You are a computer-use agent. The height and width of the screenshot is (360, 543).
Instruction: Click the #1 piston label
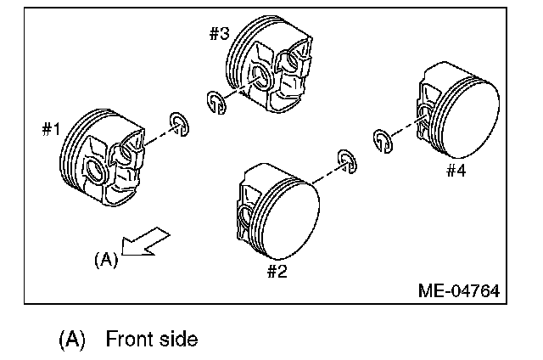[52, 129]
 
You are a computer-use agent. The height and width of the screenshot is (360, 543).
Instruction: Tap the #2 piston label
[277, 272]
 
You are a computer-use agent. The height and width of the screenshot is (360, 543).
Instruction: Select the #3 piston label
[219, 34]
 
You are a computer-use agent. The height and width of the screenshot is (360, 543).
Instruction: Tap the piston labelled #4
[458, 114]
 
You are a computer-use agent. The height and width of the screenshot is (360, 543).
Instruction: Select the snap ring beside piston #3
[216, 102]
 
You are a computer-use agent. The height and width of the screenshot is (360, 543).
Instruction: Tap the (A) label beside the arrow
[105, 260]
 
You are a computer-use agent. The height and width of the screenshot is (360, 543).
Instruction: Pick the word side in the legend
[178, 340]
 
